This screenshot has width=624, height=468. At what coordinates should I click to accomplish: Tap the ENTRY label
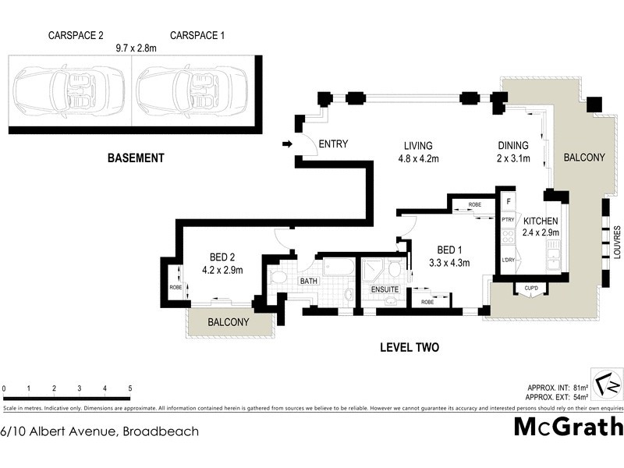pyautogui.click(x=333, y=144)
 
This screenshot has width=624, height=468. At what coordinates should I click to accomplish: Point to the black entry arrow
pyautogui.click(x=287, y=144)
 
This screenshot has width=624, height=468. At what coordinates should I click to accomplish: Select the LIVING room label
pyautogui.click(x=418, y=146)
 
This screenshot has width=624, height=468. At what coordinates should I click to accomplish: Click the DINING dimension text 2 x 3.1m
pyautogui.click(x=513, y=158)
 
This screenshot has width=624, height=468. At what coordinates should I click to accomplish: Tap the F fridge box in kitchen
pyautogui.click(x=508, y=201)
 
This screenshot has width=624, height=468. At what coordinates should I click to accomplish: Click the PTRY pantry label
pyautogui.click(x=508, y=220)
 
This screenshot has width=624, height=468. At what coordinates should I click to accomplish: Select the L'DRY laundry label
pyautogui.click(x=508, y=259)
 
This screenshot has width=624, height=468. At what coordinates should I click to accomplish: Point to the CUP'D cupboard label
pyautogui.click(x=531, y=289)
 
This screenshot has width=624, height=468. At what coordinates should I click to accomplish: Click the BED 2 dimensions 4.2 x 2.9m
pyautogui.click(x=223, y=271)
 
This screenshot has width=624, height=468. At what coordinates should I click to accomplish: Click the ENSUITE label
pyautogui.click(x=385, y=289)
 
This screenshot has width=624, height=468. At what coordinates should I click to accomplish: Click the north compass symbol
pyautogui.click(x=606, y=385)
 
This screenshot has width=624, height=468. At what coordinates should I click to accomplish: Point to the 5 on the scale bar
pyautogui.click(x=129, y=388)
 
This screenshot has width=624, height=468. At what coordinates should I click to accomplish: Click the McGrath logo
pyautogui.click(x=569, y=427)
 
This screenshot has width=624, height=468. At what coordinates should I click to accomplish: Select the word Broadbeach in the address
pyautogui.click(x=160, y=431)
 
